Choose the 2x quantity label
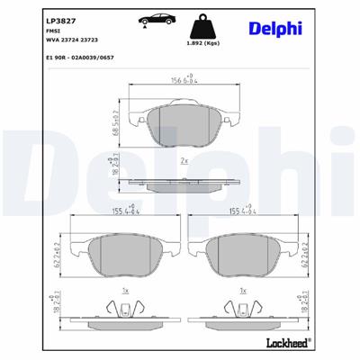pyautogui.click(x=184, y=161)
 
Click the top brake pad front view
pyautogui.click(x=184, y=121)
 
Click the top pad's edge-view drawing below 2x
pyautogui.click(x=184, y=183)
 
